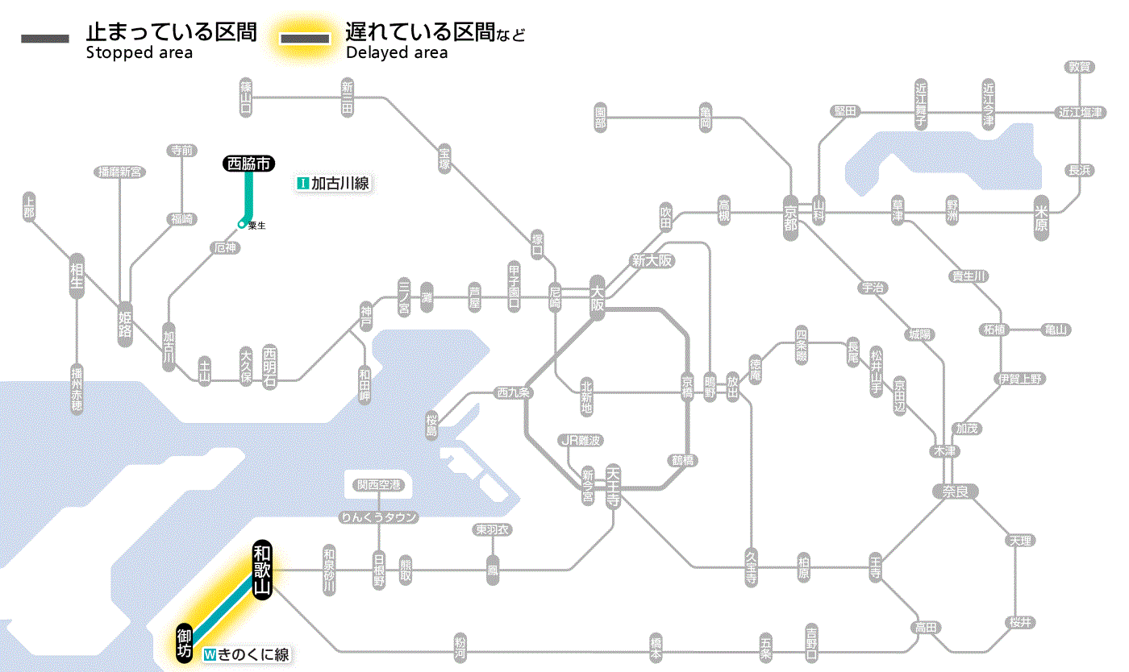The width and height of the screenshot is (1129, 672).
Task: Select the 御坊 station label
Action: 185,643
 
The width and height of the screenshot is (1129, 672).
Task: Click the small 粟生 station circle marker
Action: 241,224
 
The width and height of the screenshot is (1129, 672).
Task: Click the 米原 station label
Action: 1043,218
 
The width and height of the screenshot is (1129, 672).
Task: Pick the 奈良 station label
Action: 955,491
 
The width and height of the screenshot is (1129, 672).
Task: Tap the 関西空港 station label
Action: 385,485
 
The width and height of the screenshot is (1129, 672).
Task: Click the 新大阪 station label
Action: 652,260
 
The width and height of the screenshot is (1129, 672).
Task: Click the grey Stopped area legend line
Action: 44,38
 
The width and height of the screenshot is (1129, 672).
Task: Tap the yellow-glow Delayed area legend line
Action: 306,38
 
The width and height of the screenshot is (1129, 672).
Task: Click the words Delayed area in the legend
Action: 396,53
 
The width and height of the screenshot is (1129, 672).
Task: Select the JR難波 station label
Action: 581,440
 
